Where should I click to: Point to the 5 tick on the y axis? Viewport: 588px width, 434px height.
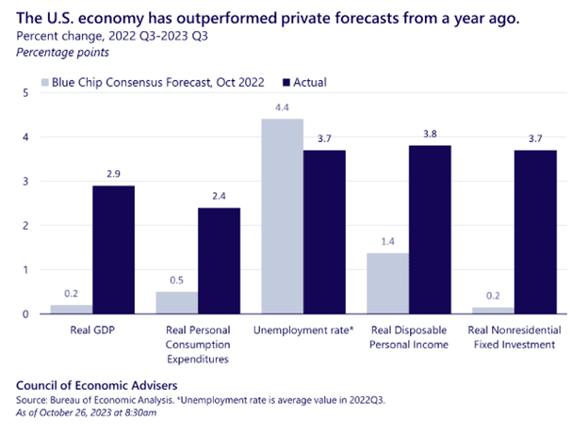[x=25, y=93]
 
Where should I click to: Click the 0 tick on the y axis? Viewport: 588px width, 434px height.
[x=25, y=313]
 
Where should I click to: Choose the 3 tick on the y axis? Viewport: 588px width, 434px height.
[x=25, y=182]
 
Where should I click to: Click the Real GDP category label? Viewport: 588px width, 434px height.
[x=91, y=331]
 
